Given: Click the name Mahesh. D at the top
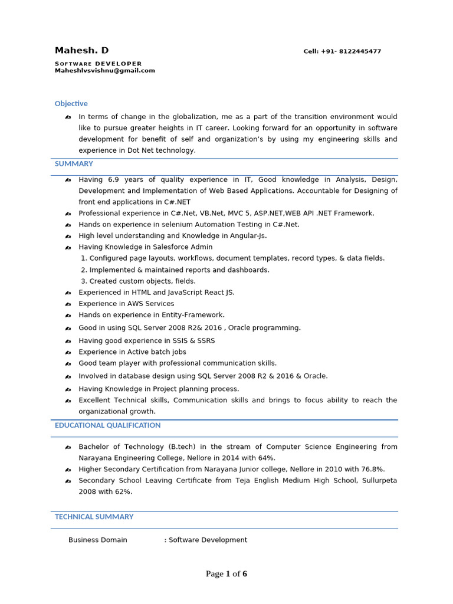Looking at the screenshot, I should pos(81,51).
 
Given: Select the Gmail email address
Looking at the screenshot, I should pos(104,71).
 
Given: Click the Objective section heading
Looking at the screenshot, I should pos(71,104).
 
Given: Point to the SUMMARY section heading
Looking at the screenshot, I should pos(74,164).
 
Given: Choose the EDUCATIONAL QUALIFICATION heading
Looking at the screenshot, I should pos(107,425).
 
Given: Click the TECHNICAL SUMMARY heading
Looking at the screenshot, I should pos(94,517).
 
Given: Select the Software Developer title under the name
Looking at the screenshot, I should pos(98,64).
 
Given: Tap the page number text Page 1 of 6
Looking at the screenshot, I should pos(226,574).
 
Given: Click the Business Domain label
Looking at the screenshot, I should pos(97,540).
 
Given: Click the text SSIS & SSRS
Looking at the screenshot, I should pos(193,341).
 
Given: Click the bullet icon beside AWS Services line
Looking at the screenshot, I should pos(68,304).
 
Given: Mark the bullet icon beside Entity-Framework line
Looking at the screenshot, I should pos(68,316).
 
